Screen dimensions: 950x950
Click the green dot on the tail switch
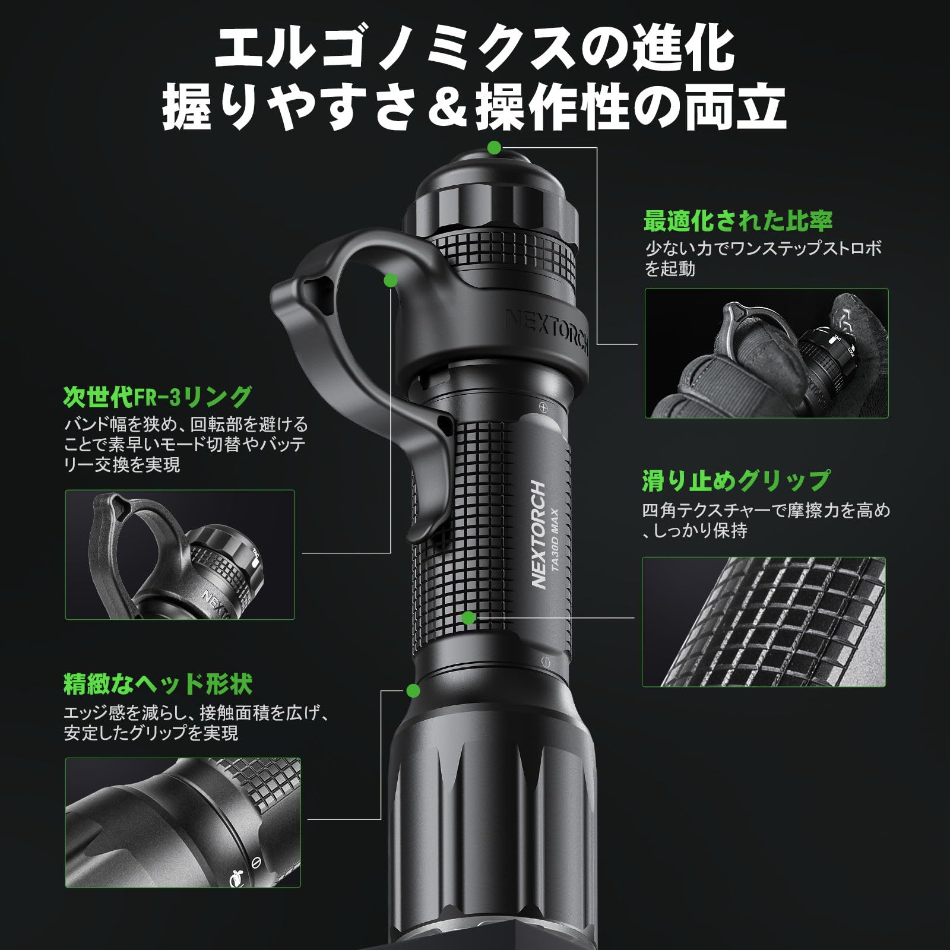point(494,147)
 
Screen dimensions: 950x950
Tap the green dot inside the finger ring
point(390,279)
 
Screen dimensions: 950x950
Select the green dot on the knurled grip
point(468,618)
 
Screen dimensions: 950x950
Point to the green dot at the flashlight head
point(413,691)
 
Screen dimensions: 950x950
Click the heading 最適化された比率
point(738,221)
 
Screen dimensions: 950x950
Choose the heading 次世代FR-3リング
point(157,397)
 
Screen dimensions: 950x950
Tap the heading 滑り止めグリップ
point(736,481)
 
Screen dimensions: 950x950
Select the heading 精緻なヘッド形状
point(158,685)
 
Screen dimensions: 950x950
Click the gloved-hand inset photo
point(767,353)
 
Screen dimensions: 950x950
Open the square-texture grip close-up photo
point(764,622)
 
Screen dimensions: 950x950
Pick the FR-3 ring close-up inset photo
point(180,555)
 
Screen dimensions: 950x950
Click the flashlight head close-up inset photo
point(183,822)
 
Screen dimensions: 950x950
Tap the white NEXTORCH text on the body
point(539,534)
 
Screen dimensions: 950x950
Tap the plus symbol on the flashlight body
point(542,407)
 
